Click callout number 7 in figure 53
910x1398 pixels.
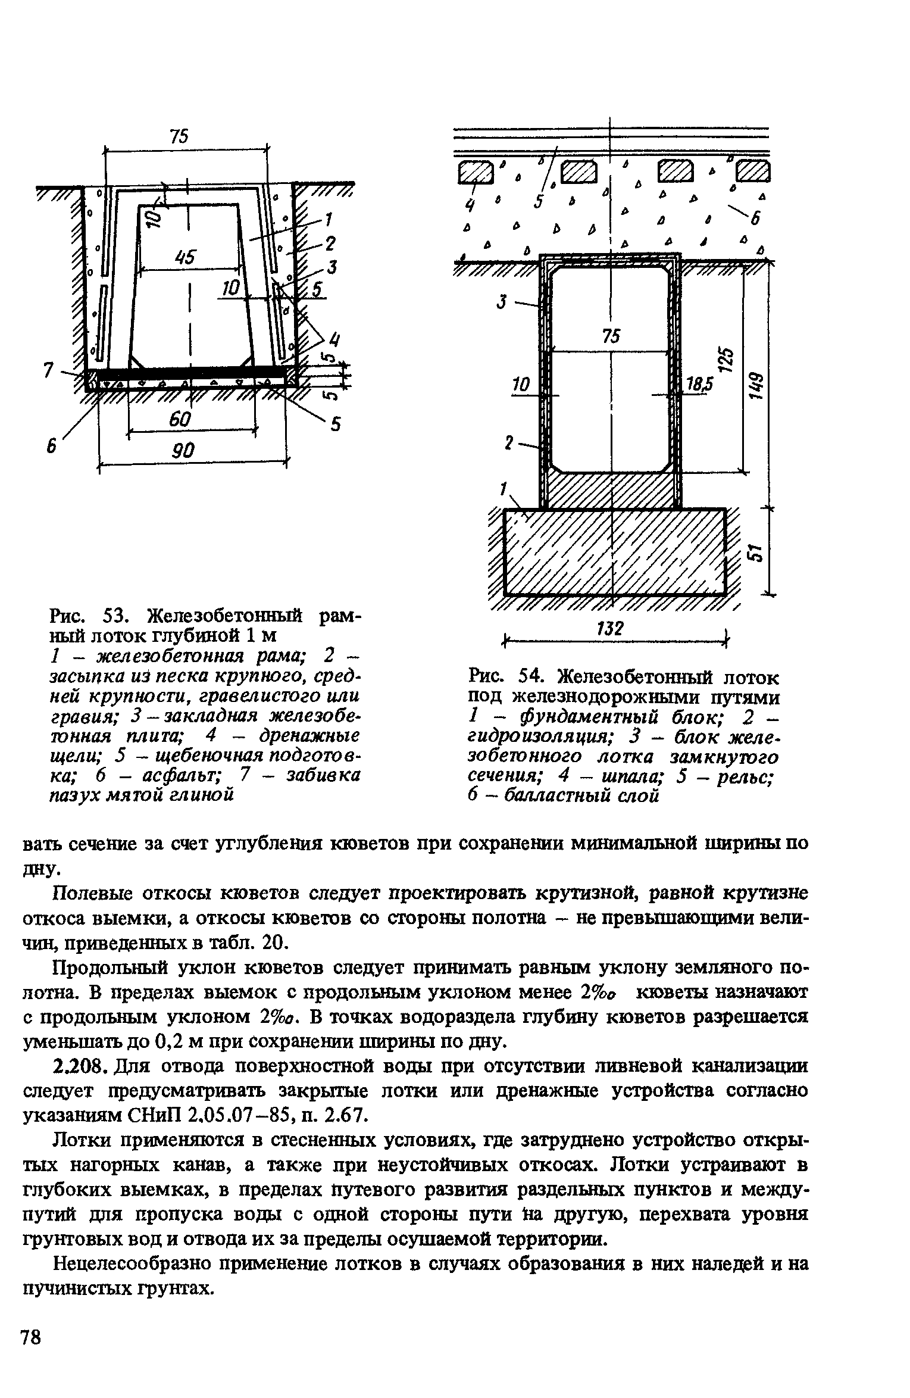(x=49, y=370)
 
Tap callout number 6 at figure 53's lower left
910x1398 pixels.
(x=52, y=446)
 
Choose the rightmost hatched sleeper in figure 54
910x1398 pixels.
(x=753, y=172)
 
